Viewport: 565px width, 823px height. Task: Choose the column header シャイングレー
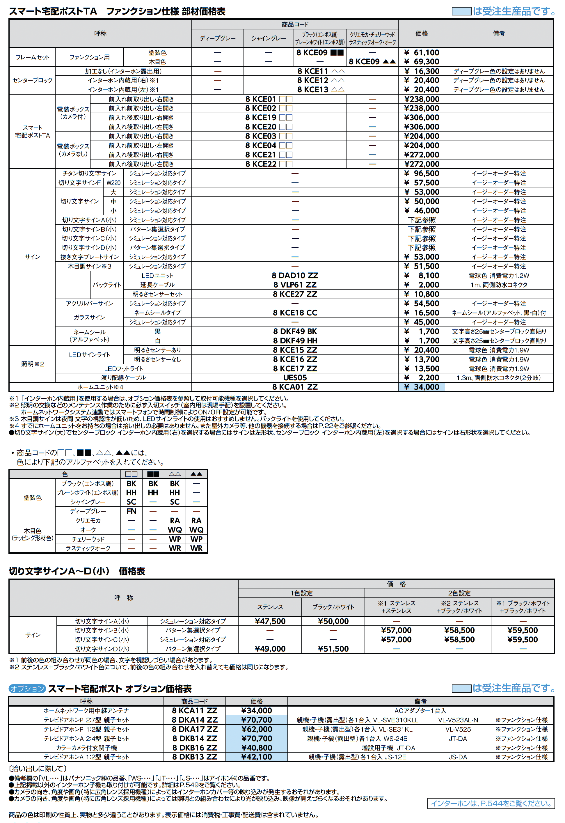coord(268,38)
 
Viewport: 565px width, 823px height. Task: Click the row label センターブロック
coord(32,80)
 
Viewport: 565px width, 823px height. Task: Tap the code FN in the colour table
coord(131,511)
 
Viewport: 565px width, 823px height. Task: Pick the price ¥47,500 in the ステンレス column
coord(270,621)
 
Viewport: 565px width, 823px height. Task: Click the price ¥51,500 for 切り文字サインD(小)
coord(333,649)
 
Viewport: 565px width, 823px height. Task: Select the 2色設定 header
coord(459,593)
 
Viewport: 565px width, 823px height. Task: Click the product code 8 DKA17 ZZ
coord(194,729)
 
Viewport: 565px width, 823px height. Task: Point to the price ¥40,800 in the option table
coord(256,748)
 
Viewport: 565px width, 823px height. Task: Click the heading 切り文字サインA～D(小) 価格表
coord(77,571)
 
